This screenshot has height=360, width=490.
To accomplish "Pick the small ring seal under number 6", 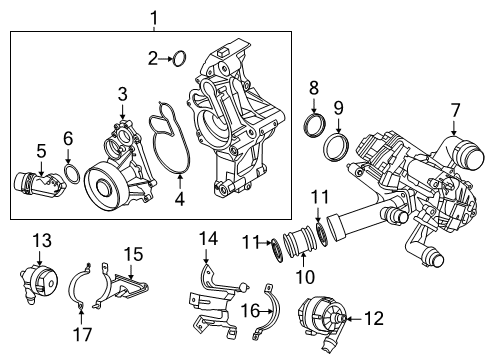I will [x=72, y=177].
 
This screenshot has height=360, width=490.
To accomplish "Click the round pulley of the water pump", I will [x=102, y=187].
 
